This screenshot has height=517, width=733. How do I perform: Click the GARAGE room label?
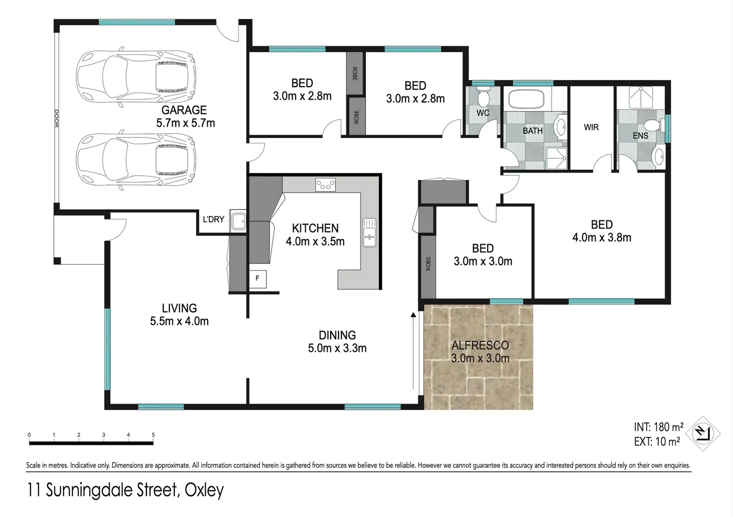tap(184, 110)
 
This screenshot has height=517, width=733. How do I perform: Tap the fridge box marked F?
tap(257, 279)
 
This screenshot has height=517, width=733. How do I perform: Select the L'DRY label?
tap(213, 219)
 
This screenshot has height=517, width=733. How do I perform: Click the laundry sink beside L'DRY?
tap(238, 221)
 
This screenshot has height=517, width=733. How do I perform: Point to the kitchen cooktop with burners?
tap(325, 185)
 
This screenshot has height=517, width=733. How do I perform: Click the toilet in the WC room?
tap(483, 95)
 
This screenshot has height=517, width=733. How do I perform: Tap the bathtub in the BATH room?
tap(526, 99)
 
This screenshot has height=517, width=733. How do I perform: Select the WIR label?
tap(591, 127)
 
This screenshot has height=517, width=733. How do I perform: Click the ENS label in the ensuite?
tap(640, 135)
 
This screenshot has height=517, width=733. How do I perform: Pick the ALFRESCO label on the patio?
tap(480, 345)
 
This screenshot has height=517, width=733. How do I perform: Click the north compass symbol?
tap(703, 434)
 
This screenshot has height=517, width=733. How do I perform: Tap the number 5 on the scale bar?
tap(153, 435)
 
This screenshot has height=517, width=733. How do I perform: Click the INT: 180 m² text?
tap(659, 427)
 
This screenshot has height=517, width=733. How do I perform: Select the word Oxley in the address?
tap(204, 490)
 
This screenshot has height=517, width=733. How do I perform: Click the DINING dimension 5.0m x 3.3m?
tap(337, 348)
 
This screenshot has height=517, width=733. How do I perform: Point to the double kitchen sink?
tap(369, 232)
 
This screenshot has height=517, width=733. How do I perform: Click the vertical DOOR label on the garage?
tap(56, 118)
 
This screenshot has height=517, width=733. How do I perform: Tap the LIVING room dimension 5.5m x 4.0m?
tap(179, 321)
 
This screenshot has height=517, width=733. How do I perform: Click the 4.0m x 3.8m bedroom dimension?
tap(602, 237)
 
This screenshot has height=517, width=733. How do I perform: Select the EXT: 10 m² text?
tap(657, 442)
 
